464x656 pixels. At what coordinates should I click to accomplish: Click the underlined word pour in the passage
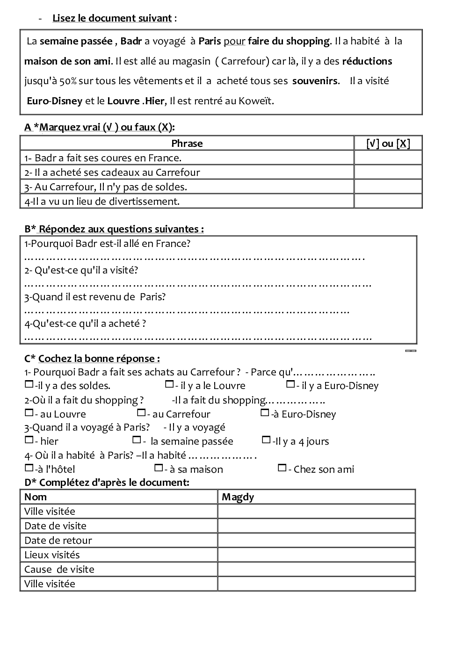point(234,41)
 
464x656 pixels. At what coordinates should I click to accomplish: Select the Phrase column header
point(187,144)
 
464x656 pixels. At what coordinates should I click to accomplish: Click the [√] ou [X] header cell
point(388,144)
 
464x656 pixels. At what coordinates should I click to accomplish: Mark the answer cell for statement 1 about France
point(388,158)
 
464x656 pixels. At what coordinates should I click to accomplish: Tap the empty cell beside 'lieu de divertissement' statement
point(388,201)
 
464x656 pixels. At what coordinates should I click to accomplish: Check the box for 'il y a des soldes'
point(29,385)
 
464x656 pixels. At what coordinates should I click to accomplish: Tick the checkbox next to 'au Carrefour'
point(141,413)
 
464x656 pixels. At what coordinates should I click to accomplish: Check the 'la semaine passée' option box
point(137,440)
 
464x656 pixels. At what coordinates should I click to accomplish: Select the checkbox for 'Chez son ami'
point(282,468)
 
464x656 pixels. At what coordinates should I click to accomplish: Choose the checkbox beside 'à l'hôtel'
point(29,468)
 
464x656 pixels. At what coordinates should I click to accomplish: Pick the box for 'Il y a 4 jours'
point(266,440)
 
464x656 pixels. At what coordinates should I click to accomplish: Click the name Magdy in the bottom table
point(238,497)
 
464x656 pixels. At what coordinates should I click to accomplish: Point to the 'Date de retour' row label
point(58,541)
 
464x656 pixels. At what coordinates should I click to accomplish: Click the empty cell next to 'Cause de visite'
point(316,569)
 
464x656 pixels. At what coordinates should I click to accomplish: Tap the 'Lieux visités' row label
point(52,555)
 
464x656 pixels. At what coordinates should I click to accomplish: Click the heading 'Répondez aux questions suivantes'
point(121,229)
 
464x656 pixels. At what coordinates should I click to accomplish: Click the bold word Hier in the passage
point(155,101)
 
